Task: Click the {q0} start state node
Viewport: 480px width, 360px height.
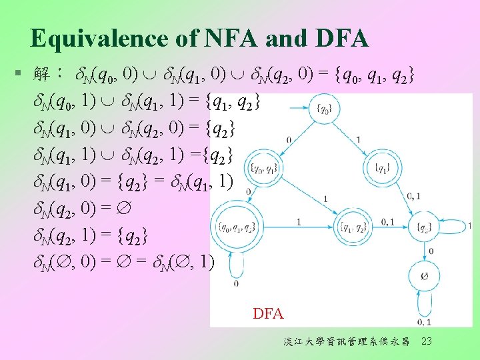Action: point(323,109)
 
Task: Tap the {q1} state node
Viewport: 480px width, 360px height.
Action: point(382,167)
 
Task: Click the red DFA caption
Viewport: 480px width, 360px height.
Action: point(268,313)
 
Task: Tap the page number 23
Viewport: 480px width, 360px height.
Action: point(427,342)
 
